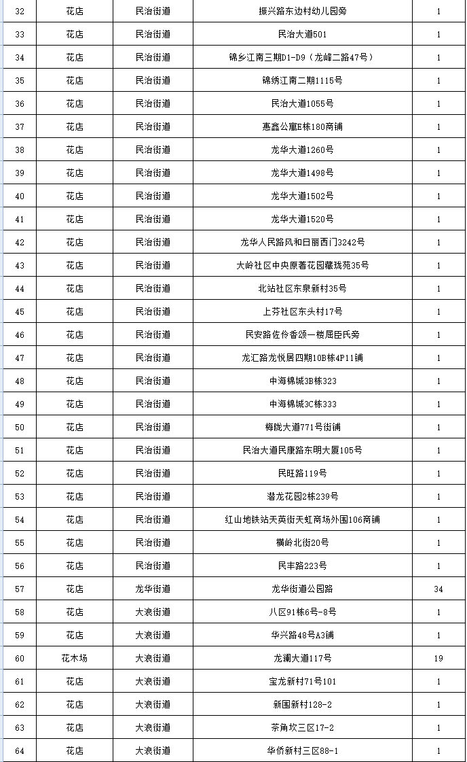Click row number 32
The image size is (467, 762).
coord(19,12)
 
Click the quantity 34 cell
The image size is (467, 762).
coord(438,589)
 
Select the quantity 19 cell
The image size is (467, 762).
coord(438,659)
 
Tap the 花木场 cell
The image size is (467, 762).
coord(75,659)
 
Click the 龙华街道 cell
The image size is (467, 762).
coord(153,589)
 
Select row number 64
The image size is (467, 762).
coord(19,751)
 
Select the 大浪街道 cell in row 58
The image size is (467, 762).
coord(153,612)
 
